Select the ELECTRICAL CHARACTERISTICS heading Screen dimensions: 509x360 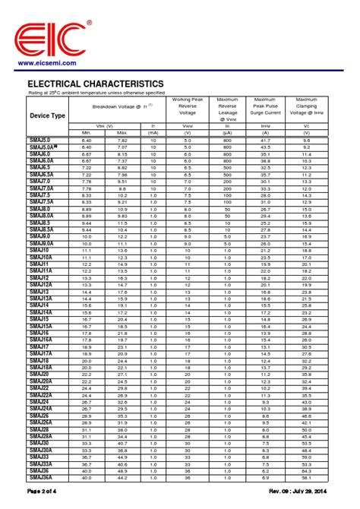pos(95,83)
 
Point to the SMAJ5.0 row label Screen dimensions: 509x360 pos(40,141)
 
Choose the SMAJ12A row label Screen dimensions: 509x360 pos(42,285)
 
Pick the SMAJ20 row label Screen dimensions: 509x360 pos(39,375)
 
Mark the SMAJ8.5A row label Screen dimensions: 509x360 pos(42,229)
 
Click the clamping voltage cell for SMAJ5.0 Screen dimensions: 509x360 pos(306,141)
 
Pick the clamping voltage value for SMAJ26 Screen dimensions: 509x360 pos(306,416)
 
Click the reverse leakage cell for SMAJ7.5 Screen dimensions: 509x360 pos(227,194)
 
